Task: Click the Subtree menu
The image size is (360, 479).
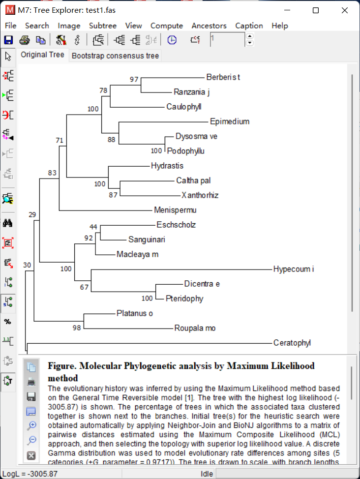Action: [102, 26]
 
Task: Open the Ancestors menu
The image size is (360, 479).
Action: [209, 26]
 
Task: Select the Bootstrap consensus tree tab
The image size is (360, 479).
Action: [115, 56]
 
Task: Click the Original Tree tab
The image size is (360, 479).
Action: [42, 55]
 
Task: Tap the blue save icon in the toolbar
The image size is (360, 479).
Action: [8, 40]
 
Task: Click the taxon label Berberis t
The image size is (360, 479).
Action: [223, 77]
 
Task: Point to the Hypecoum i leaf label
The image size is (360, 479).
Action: [293, 269]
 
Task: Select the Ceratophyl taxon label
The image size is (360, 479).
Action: [292, 343]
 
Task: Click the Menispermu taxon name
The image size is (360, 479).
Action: [175, 210]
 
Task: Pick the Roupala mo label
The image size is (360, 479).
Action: [195, 328]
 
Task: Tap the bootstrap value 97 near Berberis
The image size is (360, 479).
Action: [134, 79]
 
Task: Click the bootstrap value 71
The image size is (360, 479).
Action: [60, 141]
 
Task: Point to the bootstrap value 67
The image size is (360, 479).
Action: [84, 287]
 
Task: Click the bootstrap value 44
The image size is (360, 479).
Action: [93, 227]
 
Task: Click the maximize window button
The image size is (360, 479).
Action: [316, 10]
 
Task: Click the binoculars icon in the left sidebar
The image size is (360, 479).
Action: [8, 223]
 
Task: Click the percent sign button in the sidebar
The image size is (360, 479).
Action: [8, 322]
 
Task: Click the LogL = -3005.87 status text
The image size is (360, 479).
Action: [30, 474]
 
